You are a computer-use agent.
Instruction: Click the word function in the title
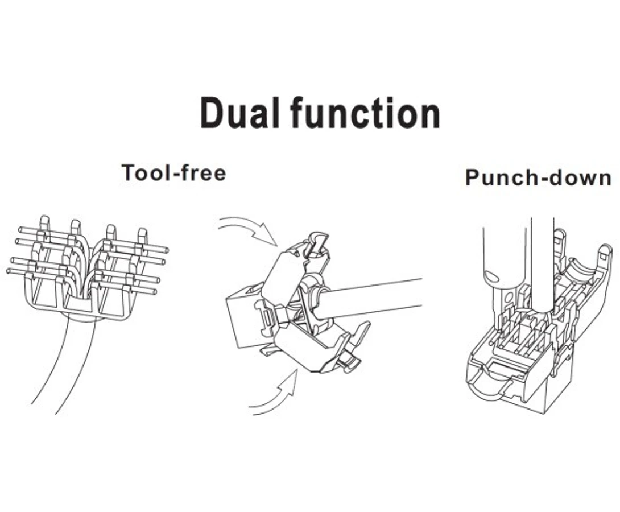365,113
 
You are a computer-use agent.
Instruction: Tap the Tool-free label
174,173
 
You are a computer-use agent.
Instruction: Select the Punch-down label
538,177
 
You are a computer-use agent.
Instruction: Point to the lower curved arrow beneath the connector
277,395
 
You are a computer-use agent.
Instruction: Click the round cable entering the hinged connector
371,298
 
